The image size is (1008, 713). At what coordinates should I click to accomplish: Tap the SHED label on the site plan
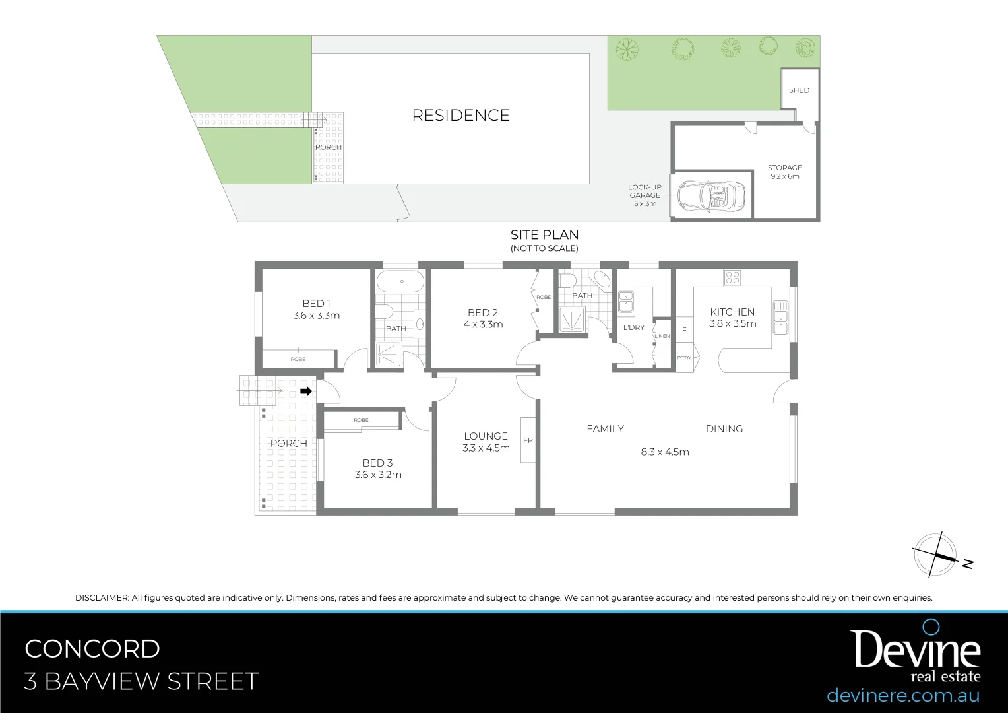coord(799,90)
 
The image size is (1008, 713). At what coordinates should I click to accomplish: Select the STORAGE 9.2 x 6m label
coord(784,172)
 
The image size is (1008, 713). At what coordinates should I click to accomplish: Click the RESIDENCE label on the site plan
coord(460,116)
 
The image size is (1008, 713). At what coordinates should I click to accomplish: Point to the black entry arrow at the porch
coord(306,391)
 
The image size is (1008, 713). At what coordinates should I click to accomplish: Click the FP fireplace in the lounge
coord(528,440)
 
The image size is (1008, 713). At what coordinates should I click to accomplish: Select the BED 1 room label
coord(316,309)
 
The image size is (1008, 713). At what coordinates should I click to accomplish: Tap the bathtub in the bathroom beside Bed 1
coord(400,282)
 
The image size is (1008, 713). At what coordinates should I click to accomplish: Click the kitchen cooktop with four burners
coord(732,277)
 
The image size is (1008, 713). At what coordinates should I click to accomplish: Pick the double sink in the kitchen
coord(781,317)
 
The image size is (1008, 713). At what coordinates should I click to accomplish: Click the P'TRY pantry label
coord(684,358)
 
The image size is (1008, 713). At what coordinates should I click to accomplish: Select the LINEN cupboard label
coord(662,336)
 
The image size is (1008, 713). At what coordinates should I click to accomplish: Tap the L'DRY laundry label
coord(633,327)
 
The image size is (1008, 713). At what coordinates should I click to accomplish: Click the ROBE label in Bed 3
coord(361,420)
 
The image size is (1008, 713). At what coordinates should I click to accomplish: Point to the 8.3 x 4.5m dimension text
coord(664,452)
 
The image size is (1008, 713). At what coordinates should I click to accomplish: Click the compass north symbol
coord(935,555)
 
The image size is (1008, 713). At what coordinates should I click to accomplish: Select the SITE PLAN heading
coord(544,235)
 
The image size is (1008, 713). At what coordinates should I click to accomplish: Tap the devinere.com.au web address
coord(902,695)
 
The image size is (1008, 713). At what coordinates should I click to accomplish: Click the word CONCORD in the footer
coord(92,649)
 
